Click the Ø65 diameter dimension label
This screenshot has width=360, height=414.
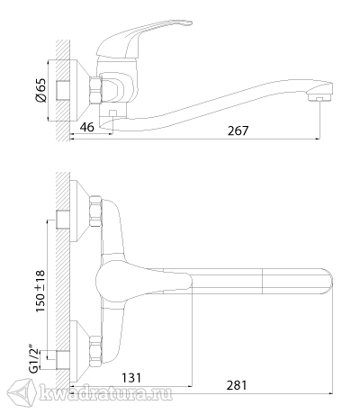(x=41, y=90)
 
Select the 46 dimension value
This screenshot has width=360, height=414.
(x=87, y=127)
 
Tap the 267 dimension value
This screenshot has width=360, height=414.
(x=238, y=130)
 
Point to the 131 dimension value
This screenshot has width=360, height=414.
(x=130, y=378)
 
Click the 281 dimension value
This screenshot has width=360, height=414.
(x=237, y=385)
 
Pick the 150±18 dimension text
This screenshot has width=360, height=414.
(x=40, y=291)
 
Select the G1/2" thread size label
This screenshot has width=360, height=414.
(x=35, y=360)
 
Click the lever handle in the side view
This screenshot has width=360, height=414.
(x=145, y=39)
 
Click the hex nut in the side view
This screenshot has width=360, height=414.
(x=96, y=90)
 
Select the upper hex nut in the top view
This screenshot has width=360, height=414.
(x=95, y=211)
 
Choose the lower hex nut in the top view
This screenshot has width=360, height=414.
(x=95, y=351)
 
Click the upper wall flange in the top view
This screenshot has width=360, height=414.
(x=79, y=211)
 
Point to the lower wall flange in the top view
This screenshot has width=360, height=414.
(x=79, y=351)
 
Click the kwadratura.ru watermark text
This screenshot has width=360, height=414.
(x=105, y=392)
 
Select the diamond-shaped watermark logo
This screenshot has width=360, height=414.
(x=22, y=392)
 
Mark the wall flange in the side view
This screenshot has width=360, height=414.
(x=79, y=90)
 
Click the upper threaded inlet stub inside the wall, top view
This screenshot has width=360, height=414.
(x=63, y=220)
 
